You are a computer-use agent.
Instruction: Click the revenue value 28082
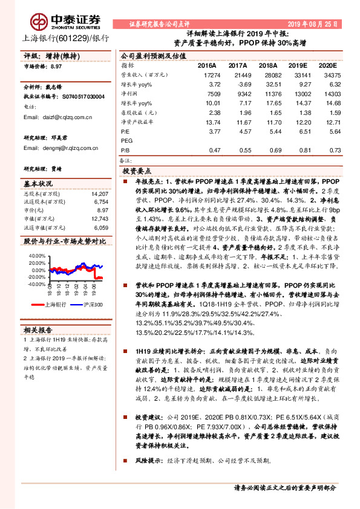(267, 73)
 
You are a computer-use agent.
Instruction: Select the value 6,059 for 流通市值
(101, 228)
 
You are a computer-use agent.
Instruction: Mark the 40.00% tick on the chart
(37, 256)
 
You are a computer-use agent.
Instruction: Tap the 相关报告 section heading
(38, 329)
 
